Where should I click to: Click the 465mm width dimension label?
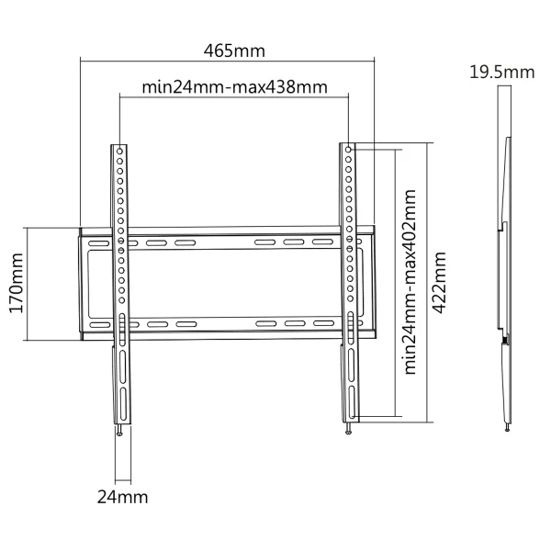click(234, 51)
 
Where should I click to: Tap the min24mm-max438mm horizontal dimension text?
click(235, 87)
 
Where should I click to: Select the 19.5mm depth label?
click(502, 73)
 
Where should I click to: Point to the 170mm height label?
click(17, 283)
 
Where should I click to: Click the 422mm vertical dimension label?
click(439, 282)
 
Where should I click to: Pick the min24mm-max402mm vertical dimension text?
click(410, 282)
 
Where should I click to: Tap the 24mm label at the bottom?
click(122, 497)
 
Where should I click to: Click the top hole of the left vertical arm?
click(119, 152)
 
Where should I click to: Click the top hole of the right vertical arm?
click(348, 150)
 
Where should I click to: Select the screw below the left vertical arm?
click(119, 431)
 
